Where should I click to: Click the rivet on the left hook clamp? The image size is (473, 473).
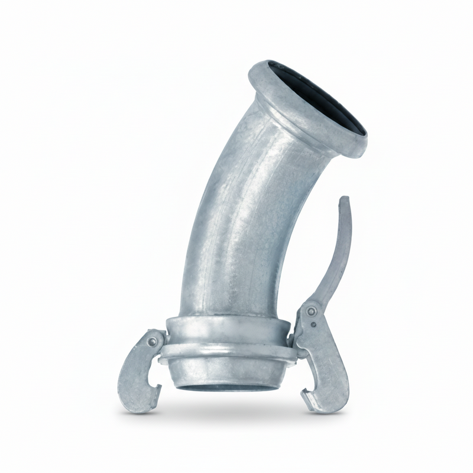click(x=153, y=342)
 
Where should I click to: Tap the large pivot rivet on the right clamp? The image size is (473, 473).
click(x=311, y=311)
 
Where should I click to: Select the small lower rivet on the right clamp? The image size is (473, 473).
click(x=314, y=323)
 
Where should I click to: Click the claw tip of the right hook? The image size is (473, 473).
click(x=307, y=390)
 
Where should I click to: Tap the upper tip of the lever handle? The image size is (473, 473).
click(x=344, y=201)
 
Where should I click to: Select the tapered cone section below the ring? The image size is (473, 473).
click(x=225, y=372)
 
